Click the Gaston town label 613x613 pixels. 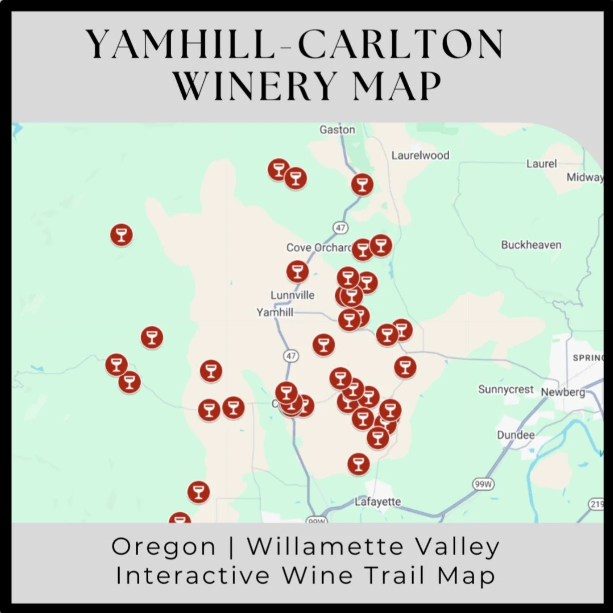pyautogui.click(x=337, y=130)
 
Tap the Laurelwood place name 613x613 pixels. pyautogui.click(x=420, y=155)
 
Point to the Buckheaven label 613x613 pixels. pyautogui.click(x=531, y=245)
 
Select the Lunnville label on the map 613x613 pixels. pyautogui.click(x=292, y=295)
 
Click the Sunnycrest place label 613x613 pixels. pyautogui.click(x=506, y=389)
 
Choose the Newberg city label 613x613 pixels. pyautogui.click(x=562, y=392)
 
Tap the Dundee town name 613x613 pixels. pyautogui.click(x=515, y=435)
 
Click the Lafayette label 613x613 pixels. pyautogui.click(x=378, y=501)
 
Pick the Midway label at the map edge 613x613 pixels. pyautogui.click(x=584, y=177)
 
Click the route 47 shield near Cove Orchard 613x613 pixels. pyautogui.click(x=341, y=228)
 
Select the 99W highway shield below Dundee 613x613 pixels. pyautogui.click(x=483, y=484)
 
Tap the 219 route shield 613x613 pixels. pyautogui.click(x=596, y=504)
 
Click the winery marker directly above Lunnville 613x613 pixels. pyautogui.click(x=297, y=271)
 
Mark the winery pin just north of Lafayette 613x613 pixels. pyautogui.click(x=358, y=464)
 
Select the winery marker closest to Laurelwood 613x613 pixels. pyautogui.click(x=362, y=184)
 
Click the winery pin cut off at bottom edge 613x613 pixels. pyautogui.click(x=179, y=519)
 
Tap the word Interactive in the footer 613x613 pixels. pyautogui.click(x=193, y=575)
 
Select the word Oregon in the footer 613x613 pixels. pyautogui.click(x=163, y=546)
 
